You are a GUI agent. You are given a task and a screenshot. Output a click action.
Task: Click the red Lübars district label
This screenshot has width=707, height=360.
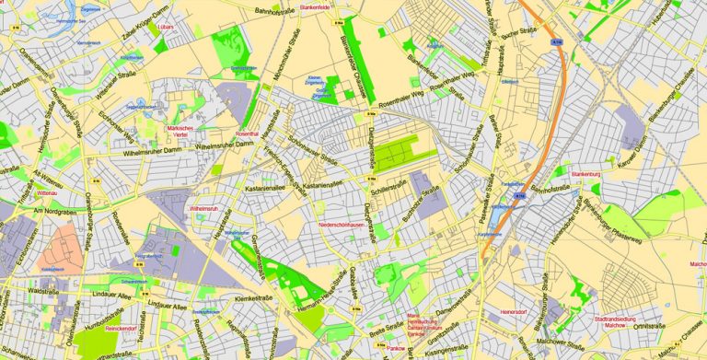pyautogui.click(x=166, y=27)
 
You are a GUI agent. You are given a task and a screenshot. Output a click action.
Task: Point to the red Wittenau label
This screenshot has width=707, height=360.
pyautogui.click(x=46, y=194)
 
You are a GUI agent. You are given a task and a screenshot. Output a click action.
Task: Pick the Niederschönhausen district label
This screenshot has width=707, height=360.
pyautogui.click(x=342, y=225)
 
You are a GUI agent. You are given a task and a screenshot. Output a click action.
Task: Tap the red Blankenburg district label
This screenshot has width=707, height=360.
pyautogui.click(x=585, y=174)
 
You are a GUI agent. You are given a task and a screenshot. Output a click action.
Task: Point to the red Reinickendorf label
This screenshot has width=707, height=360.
pyautogui.click(x=121, y=328)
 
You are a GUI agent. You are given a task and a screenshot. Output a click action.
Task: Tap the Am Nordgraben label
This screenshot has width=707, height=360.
pyautogui.click(x=52, y=213)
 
